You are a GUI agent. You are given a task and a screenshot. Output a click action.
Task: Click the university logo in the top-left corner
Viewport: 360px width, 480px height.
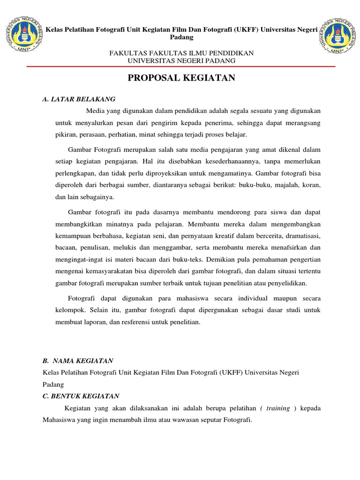point(22,35)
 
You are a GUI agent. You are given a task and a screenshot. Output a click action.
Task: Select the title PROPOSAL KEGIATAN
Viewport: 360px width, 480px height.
point(181,78)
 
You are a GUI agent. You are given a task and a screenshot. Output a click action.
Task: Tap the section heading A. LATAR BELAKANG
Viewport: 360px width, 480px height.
point(78,99)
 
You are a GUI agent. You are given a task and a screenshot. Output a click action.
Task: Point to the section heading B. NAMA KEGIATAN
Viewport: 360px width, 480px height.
point(78,360)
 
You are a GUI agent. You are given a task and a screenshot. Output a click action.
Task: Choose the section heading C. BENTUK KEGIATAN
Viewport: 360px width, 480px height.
point(81,396)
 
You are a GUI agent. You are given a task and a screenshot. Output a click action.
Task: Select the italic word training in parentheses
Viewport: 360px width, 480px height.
point(278,408)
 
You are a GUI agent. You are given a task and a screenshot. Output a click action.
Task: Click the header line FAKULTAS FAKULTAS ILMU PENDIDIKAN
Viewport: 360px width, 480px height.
point(181,53)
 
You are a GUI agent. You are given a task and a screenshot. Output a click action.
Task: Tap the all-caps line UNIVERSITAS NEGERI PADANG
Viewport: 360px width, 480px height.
point(181,61)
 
